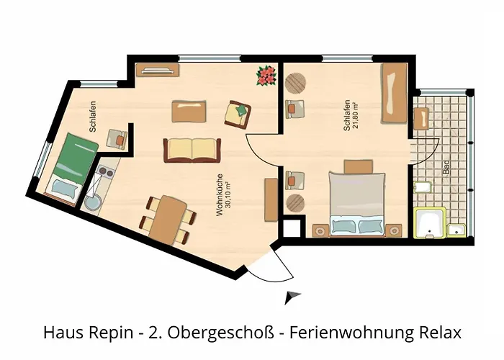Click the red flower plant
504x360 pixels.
click(266, 75)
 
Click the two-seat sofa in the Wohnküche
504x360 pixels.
click(192, 150)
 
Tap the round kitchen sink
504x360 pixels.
click(91, 204)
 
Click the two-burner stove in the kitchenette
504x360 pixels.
click(105, 175)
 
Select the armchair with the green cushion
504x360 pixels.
click(238, 112)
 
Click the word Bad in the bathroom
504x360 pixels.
click(446, 168)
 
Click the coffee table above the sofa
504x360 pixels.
click(191, 111)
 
